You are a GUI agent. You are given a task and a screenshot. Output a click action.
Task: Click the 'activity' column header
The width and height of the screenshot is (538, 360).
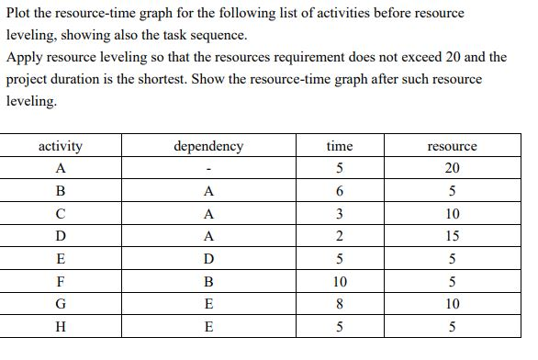pyautogui.click(x=61, y=145)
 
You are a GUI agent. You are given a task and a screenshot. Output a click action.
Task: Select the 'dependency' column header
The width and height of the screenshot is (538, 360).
pyautogui.click(x=209, y=145)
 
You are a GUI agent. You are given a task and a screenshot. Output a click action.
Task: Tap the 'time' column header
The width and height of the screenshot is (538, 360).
pyautogui.click(x=340, y=145)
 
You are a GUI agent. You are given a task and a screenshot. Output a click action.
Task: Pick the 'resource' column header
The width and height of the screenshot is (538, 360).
pyautogui.click(x=453, y=145)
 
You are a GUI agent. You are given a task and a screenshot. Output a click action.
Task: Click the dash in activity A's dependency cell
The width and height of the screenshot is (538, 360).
pyautogui.click(x=209, y=170)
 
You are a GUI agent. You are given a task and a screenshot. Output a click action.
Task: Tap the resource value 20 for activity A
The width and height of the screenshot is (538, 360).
pyautogui.click(x=453, y=169)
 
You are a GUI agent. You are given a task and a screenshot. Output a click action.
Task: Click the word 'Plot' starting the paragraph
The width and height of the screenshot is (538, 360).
pyautogui.click(x=18, y=13)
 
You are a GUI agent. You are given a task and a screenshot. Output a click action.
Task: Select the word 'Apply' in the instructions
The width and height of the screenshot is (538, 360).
pyautogui.click(x=25, y=57)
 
